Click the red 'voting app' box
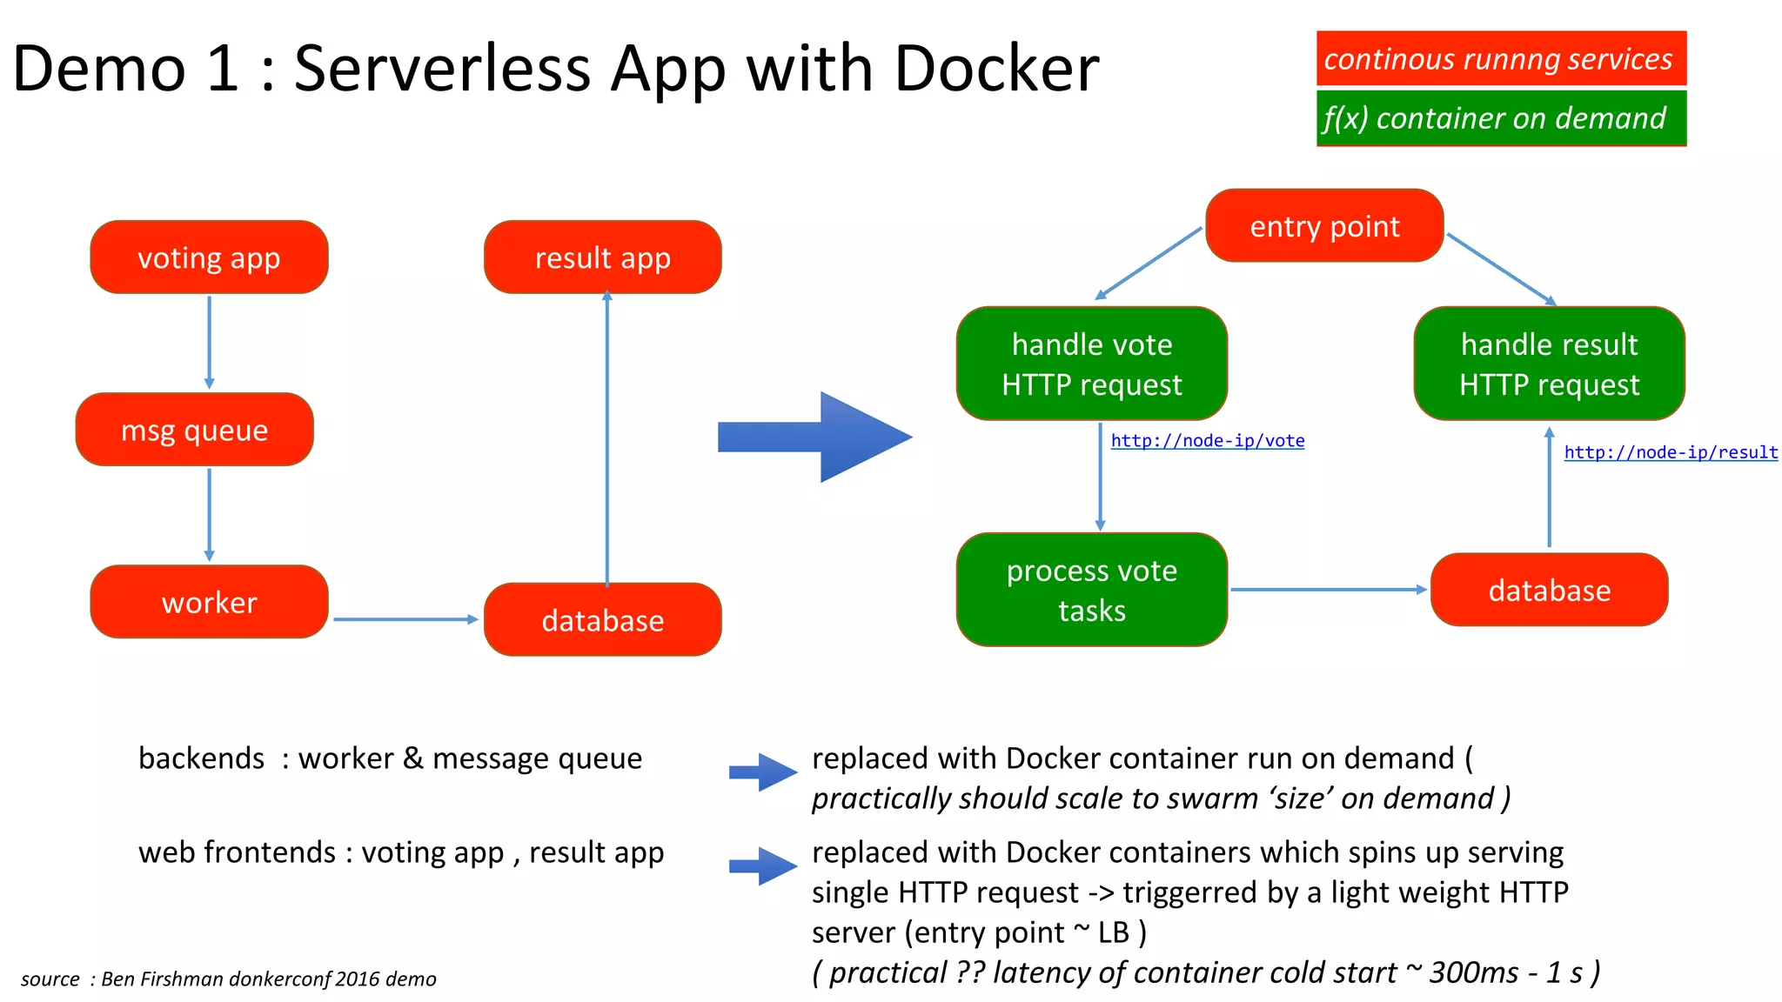pyautogui.click(x=209, y=257)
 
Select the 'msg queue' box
pyautogui.click(x=194, y=430)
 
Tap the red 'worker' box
pyautogui.click(x=209, y=602)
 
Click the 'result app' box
pyautogui.click(x=602, y=257)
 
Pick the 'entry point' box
pyautogui.click(x=1324, y=226)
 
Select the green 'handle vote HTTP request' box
pyautogui.click(x=1091, y=364)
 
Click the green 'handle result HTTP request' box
pyautogui.click(x=1549, y=364)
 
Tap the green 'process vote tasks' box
pyautogui.click(x=1091, y=590)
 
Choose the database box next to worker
pyautogui.click(x=602, y=620)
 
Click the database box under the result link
pyautogui.click(x=1549, y=590)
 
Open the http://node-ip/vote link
pyautogui.click(x=1208, y=441)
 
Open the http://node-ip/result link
pyautogui.click(x=1671, y=452)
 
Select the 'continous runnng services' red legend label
pyautogui.click(x=1500, y=59)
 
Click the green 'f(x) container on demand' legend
pyautogui.click(x=1500, y=118)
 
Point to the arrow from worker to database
pyautogui.click(x=405, y=619)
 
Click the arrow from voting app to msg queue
pyautogui.click(x=209, y=342)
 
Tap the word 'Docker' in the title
pyautogui.click(x=996, y=68)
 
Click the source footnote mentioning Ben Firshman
pyautogui.click(x=229, y=979)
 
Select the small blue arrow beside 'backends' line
pyautogui.click(x=763, y=772)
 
